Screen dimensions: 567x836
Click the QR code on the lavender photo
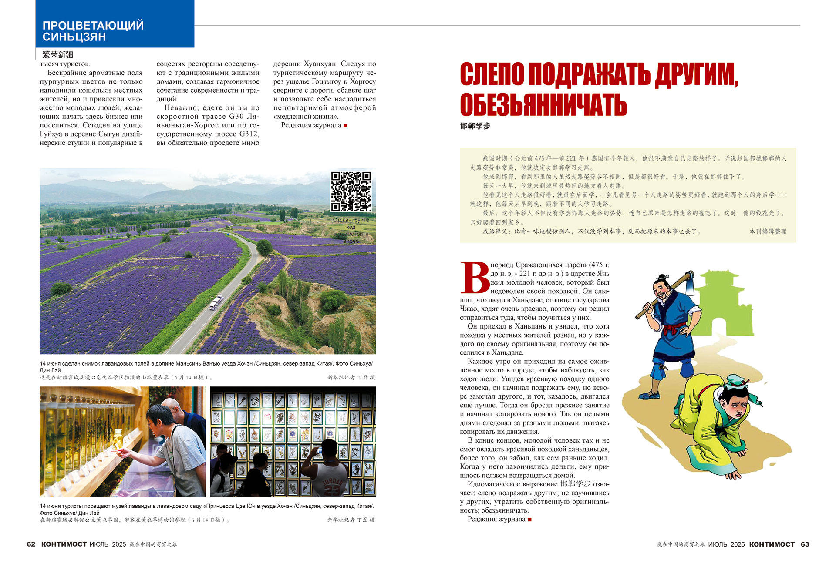pos(351,191)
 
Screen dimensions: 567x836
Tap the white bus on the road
pos(216,302)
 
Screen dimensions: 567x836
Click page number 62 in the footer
pos(31,544)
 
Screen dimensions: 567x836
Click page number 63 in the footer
pos(805,544)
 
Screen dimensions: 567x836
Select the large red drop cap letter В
pos(475,277)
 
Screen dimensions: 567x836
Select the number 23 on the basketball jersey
pos(332,490)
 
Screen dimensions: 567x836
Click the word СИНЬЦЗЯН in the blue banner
pos(74,37)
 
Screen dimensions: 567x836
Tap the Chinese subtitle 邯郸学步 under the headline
pos(475,126)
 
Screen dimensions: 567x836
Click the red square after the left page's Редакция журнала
pos(346,126)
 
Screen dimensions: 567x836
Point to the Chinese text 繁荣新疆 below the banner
pos(58,55)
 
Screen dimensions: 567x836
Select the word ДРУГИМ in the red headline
pos(696,74)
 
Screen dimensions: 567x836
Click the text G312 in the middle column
pos(249,134)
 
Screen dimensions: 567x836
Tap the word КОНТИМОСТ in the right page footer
pos(772,544)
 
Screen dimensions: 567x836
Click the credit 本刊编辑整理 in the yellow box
pos(768,231)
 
